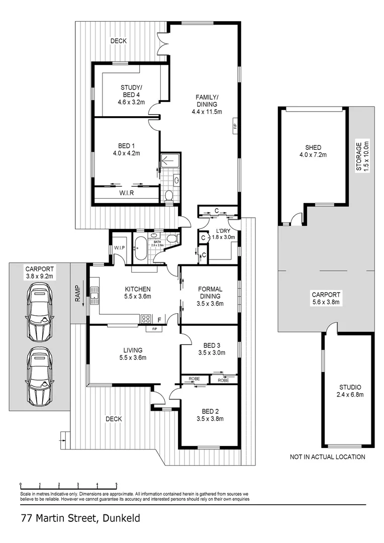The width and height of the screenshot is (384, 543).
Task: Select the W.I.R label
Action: click(127, 193)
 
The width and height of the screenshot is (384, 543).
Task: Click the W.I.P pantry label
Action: click(120, 248)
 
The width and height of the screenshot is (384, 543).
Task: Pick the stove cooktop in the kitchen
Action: click(146, 318)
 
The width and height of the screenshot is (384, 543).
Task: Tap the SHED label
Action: click(313, 147)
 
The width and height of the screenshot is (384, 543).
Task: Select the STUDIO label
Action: click(350, 387)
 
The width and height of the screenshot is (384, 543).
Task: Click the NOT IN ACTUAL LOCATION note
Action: click(327, 457)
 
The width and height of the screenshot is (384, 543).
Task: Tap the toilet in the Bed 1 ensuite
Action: click(169, 196)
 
